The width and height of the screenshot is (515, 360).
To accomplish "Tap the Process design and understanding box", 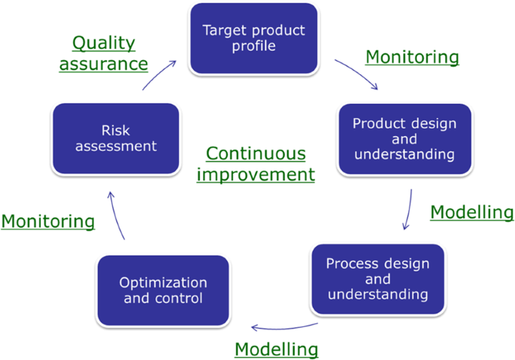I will (377, 278).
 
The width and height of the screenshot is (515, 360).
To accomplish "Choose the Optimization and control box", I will (163, 291).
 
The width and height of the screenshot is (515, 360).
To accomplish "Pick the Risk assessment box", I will (115, 138).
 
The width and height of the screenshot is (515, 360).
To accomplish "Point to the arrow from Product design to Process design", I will (408, 209).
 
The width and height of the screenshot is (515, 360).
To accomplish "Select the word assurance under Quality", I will (104, 64).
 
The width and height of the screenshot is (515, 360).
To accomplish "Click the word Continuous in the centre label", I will (256, 154).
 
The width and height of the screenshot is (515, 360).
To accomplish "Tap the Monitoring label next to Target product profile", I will (411, 57).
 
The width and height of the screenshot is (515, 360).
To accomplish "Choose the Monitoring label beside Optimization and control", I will (48, 221).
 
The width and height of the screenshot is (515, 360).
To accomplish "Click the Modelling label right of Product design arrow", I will (471, 213).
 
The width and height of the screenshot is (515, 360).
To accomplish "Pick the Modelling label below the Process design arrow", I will (276, 349).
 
